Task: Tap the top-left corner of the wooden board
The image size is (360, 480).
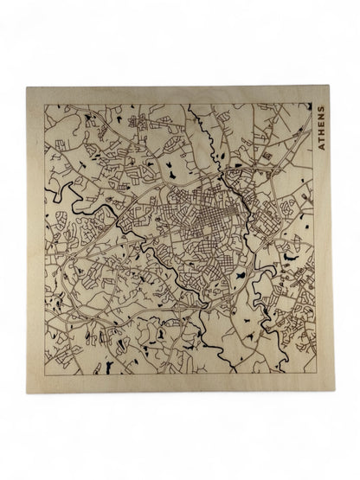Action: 28,87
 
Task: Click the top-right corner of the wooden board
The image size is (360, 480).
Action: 332,86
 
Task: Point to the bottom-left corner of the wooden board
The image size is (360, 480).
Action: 27,392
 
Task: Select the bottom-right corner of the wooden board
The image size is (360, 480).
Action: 333,392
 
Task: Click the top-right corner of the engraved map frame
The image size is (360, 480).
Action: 314,103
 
